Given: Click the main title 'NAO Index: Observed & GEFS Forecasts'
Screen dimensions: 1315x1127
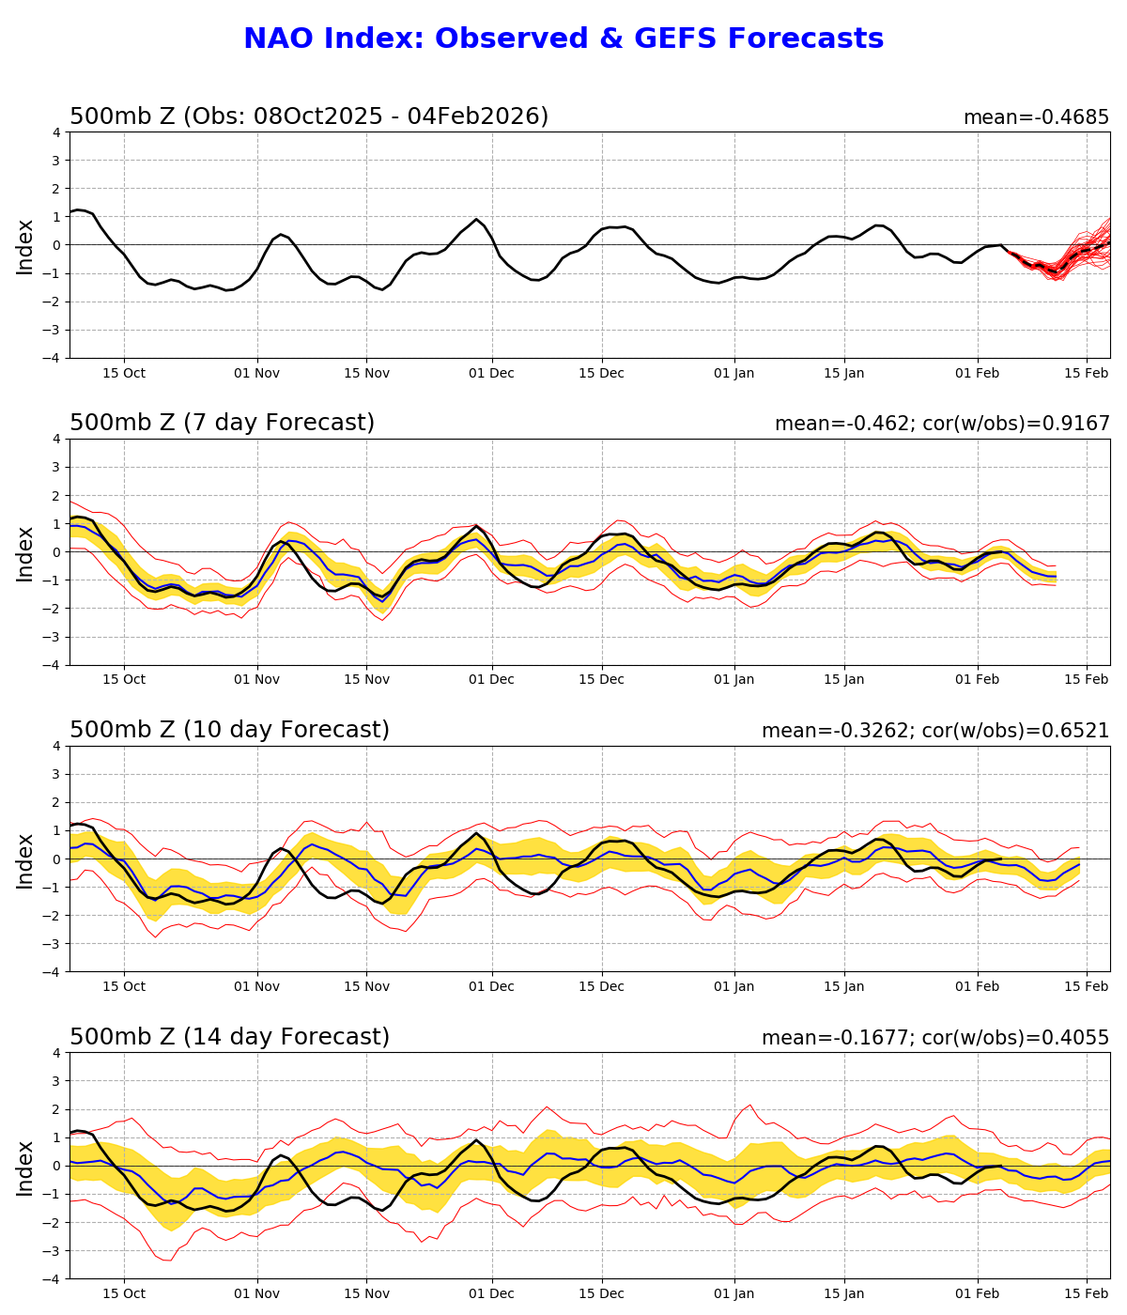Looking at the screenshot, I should click(x=563, y=39).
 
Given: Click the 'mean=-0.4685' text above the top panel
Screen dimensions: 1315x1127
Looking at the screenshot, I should click(x=1036, y=118).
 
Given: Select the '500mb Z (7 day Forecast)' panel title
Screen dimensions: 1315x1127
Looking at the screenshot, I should click(x=222, y=424).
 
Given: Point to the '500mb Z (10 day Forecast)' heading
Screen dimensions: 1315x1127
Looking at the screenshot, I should click(x=229, y=731).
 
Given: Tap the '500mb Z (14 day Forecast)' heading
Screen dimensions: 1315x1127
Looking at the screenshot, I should click(x=229, y=1038).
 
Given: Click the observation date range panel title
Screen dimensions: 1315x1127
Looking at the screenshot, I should click(x=309, y=117).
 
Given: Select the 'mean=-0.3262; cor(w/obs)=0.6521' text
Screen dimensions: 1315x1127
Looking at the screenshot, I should click(x=934, y=732).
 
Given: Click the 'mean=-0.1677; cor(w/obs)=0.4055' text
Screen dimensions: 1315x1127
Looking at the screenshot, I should click(x=934, y=1039).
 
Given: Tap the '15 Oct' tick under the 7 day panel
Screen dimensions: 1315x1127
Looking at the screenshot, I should click(x=124, y=680).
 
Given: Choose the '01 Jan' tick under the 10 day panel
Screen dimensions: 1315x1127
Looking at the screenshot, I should click(x=734, y=987).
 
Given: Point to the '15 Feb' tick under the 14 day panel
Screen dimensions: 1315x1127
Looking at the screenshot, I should click(x=1087, y=1294).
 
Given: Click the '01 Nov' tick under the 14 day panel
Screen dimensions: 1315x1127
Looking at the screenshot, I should click(x=257, y=1294).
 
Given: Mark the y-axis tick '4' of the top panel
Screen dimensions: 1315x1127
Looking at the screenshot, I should click(x=57, y=132).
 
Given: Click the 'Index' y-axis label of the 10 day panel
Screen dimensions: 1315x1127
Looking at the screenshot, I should click(x=25, y=859).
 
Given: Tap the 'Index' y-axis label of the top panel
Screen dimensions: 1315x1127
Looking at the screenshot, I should click(x=25, y=246).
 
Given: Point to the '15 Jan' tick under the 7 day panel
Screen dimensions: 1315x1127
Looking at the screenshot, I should click(x=844, y=680).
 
